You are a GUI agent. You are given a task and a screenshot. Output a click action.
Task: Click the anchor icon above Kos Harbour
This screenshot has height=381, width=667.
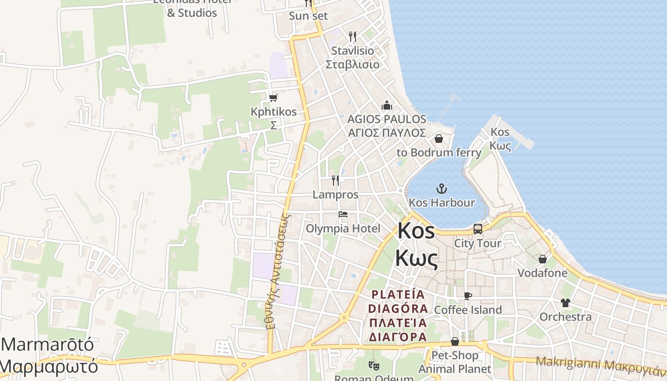[x=442, y=189]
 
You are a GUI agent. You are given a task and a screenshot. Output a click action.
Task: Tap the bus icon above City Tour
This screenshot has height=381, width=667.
[x=478, y=229]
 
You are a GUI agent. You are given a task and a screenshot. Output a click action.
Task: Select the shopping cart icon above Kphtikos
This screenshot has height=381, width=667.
[x=273, y=98]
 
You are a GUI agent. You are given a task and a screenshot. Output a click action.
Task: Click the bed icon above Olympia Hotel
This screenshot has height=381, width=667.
[x=343, y=214]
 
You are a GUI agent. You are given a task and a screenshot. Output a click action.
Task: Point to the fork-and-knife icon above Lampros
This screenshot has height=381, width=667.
[x=335, y=180]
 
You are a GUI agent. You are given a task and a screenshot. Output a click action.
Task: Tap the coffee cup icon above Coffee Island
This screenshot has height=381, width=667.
[x=467, y=296]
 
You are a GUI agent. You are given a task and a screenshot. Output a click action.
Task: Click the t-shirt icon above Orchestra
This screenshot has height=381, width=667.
[x=566, y=302]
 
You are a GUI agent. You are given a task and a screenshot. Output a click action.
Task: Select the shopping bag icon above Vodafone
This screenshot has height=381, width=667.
[x=542, y=259]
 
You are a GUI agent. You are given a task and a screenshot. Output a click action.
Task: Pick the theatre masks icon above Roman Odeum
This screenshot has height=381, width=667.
[x=374, y=366]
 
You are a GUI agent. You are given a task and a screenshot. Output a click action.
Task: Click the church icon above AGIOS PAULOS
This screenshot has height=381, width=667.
[x=387, y=105]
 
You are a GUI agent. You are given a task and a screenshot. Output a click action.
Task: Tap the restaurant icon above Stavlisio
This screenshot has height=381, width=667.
[x=353, y=36]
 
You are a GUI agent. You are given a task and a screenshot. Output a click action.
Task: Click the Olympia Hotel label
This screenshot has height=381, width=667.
[x=343, y=229]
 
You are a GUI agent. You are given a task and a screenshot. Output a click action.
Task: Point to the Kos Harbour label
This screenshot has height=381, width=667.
[x=442, y=203]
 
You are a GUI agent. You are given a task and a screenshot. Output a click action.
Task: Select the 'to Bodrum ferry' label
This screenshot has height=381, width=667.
[x=439, y=152]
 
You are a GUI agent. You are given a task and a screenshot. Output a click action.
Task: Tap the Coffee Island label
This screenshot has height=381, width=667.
[x=467, y=310]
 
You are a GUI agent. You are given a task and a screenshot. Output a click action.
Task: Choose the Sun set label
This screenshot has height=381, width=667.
[x=308, y=16]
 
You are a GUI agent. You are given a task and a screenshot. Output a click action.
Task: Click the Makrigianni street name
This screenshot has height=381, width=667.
[x=600, y=364]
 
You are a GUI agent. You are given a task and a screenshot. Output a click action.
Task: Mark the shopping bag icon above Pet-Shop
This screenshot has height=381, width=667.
[x=455, y=341]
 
